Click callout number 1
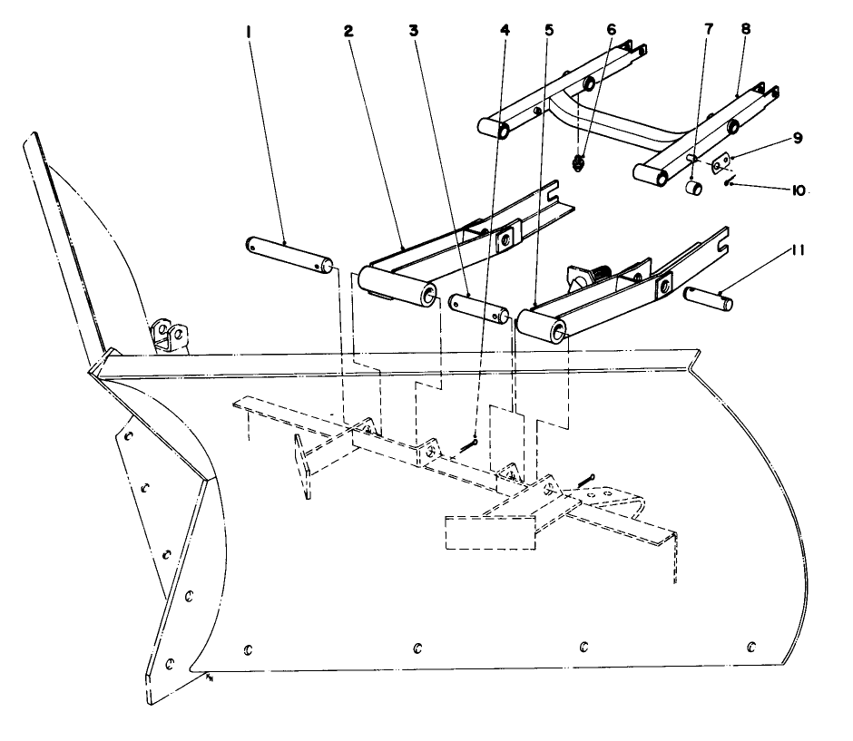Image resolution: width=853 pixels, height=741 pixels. pyautogui.click(x=248, y=30)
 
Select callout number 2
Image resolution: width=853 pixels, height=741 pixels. pyautogui.click(x=348, y=30)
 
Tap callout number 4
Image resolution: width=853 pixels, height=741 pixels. pyautogui.click(x=505, y=30)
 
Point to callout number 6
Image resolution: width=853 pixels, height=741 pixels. pyautogui.click(x=611, y=30)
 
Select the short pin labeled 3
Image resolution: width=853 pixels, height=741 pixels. pyautogui.click(x=478, y=307)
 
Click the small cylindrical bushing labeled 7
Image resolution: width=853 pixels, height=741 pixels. pyautogui.click(x=694, y=189)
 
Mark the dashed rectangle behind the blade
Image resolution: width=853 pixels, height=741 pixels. pyautogui.click(x=488, y=533)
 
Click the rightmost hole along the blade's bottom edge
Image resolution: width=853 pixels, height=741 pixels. pyautogui.click(x=750, y=646)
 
